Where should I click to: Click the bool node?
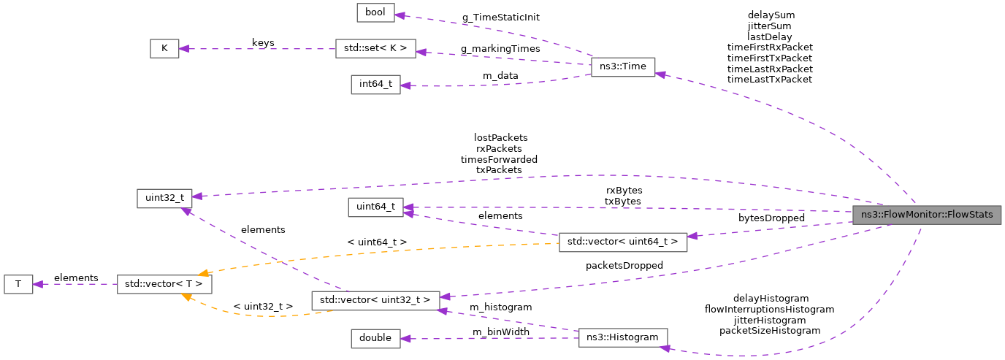(375, 12)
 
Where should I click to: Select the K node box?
(164, 49)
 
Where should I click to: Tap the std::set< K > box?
(375, 49)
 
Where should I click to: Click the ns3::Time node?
(623, 66)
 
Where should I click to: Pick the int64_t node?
(375, 85)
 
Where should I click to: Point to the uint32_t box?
(164, 197)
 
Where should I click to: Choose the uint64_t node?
(375, 207)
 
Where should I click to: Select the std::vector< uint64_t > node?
(623, 242)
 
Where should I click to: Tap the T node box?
(18, 284)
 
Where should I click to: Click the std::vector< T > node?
(164, 284)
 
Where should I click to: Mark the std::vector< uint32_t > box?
(375, 300)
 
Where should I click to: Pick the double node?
(375, 338)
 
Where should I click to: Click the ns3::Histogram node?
(623, 337)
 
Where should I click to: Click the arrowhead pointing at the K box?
(184, 49)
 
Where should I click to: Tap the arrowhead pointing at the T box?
(38, 284)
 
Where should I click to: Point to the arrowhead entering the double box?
(405, 338)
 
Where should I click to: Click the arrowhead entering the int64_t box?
(405, 85)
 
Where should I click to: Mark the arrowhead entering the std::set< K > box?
(421, 52)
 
